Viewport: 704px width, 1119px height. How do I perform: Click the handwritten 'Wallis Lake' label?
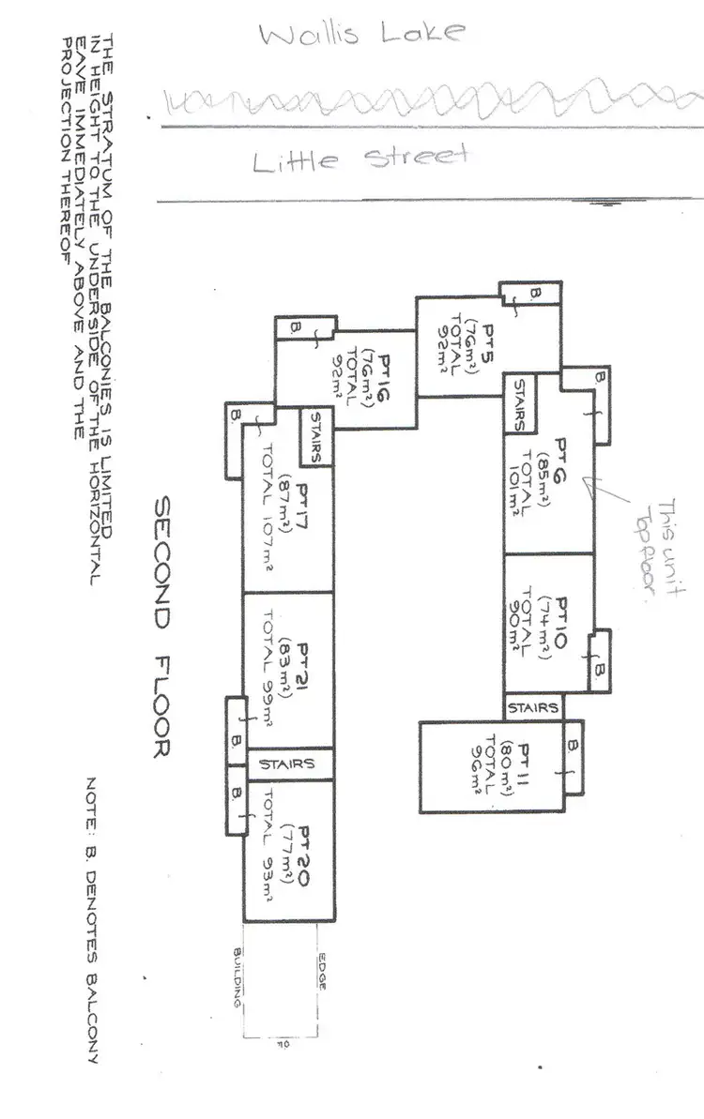(x=360, y=35)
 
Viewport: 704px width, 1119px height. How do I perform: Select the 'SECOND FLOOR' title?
(x=159, y=628)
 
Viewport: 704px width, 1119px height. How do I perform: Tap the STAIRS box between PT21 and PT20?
(x=287, y=764)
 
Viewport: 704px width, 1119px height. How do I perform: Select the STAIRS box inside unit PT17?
(x=316, y=437)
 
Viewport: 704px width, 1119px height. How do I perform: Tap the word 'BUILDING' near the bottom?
(x=238, y=975)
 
